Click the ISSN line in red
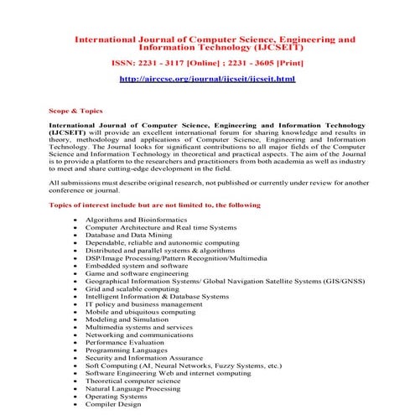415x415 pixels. tap(207, 61)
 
